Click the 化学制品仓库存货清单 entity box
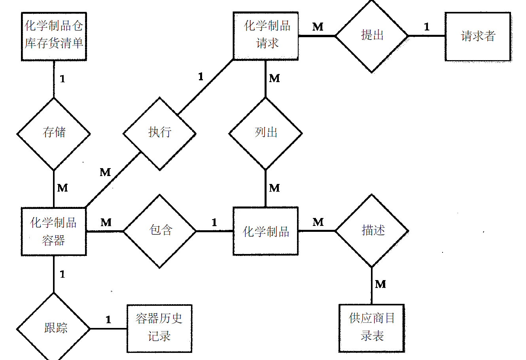tap(54, 36)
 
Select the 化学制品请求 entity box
tap(266, 36)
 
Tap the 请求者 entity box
tap(478, 36)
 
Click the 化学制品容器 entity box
tap(54, 231)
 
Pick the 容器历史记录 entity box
tap(159, 328)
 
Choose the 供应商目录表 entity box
tap(372, 328)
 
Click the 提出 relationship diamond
tap(372, 36)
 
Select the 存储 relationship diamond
tap(54, 134)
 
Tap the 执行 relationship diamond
tap(159, 134)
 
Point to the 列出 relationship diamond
tap(266, 134)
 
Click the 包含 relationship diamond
tap(160, 231)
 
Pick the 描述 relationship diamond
tap(372, 231)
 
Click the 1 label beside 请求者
tap(427, 27)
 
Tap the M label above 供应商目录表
tap(380, 284)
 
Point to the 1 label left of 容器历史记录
tap(108, 320)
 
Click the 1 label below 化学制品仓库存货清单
tap(62, 79)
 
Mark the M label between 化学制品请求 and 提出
tap(318, 27)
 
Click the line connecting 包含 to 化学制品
tap(214, 231)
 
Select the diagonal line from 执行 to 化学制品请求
tap(206, 87)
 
